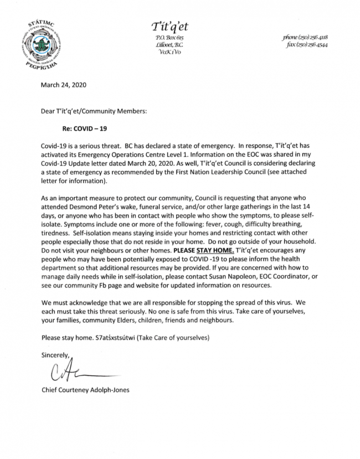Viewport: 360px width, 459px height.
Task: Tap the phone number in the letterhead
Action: point(304,37)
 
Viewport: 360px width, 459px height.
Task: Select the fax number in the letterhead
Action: point(306,45)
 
